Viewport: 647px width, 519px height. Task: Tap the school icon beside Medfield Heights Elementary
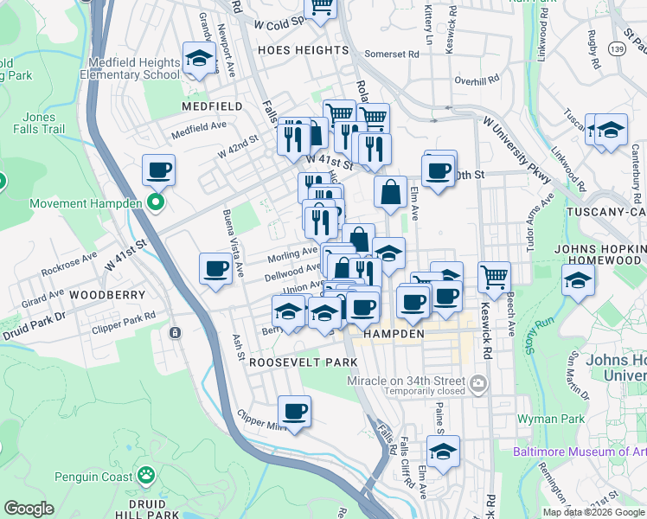tap(200, 60)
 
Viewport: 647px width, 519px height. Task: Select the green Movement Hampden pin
tap(156, 203)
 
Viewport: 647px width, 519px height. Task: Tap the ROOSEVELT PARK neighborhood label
tap(291, 363)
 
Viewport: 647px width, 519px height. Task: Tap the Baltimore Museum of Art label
tap(580, 452)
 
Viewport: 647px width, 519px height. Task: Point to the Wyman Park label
tap(551, 419)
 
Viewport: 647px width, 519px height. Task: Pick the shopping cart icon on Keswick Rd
tap(494, 277)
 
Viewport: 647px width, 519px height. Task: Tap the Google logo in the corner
tap(29, 509)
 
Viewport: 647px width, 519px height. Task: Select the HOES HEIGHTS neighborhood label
tap(303, 50)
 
